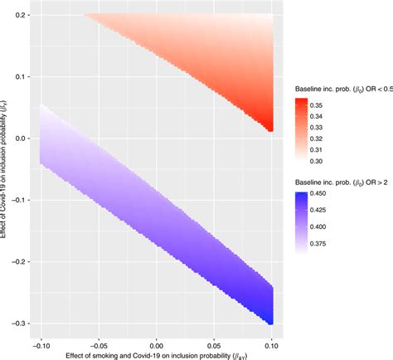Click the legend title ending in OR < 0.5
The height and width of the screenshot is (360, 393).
(342, 87)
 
